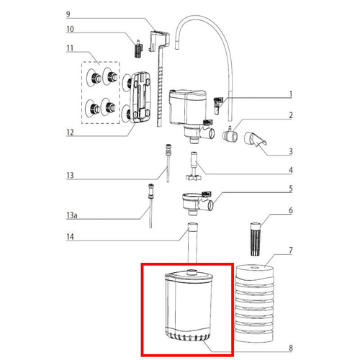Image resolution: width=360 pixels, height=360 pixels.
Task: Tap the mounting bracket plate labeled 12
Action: point(143,98)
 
